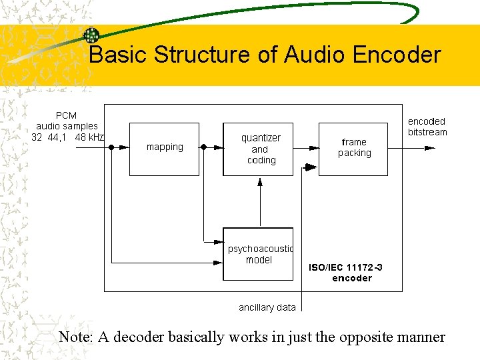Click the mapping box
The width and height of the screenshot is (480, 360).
164,148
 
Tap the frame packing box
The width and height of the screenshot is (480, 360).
353,148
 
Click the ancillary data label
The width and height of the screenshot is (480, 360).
267,307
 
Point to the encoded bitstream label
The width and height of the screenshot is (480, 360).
427,127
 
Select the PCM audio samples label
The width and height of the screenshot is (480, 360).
67,121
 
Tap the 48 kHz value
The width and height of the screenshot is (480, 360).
89,137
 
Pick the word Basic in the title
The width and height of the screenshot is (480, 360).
119,55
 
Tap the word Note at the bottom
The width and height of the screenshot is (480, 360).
75,337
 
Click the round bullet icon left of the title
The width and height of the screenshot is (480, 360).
91,35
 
